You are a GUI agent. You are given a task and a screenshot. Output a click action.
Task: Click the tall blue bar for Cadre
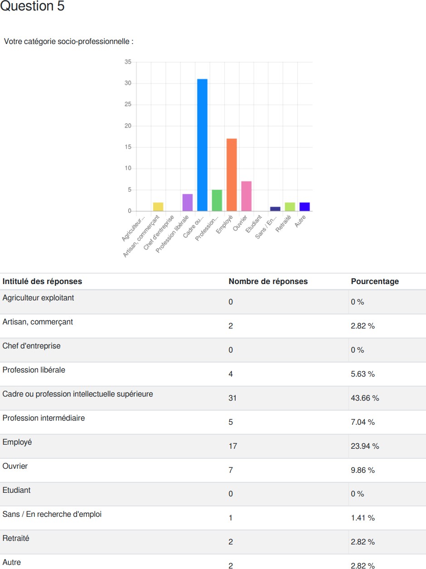[202, 145]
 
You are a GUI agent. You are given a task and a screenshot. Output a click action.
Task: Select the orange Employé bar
[232, 175]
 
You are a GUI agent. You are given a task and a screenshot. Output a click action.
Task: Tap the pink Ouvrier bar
[246, 196]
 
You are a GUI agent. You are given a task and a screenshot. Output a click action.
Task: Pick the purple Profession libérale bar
[188, 202]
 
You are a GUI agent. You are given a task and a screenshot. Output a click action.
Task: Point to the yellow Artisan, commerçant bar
[158, 207]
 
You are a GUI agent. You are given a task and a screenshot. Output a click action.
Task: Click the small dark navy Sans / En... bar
[275, 209]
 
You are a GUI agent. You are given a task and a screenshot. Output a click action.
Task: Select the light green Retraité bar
[290, 207]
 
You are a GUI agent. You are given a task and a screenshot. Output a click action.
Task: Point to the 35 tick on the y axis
[128, 62]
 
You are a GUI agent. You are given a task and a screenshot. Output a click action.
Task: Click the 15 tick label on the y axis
[128, 147]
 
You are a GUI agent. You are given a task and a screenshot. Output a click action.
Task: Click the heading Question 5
[33, 7]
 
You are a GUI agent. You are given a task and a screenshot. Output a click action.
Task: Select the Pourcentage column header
[375, 281]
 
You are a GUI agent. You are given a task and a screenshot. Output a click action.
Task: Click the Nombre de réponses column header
[268, 281]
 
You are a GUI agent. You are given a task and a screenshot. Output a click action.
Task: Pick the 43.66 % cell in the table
[365, 398]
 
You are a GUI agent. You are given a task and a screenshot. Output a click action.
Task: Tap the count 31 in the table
[232, 398]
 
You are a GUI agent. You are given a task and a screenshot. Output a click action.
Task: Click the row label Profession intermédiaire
[44, 418]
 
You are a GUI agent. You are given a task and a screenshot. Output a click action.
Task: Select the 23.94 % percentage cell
[365, 446]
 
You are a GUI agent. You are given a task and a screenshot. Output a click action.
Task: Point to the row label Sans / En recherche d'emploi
[52, 514]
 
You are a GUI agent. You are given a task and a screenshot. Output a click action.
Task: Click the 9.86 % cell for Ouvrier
[363, 471]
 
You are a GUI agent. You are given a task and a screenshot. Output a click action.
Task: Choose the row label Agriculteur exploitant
[38, 298]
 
